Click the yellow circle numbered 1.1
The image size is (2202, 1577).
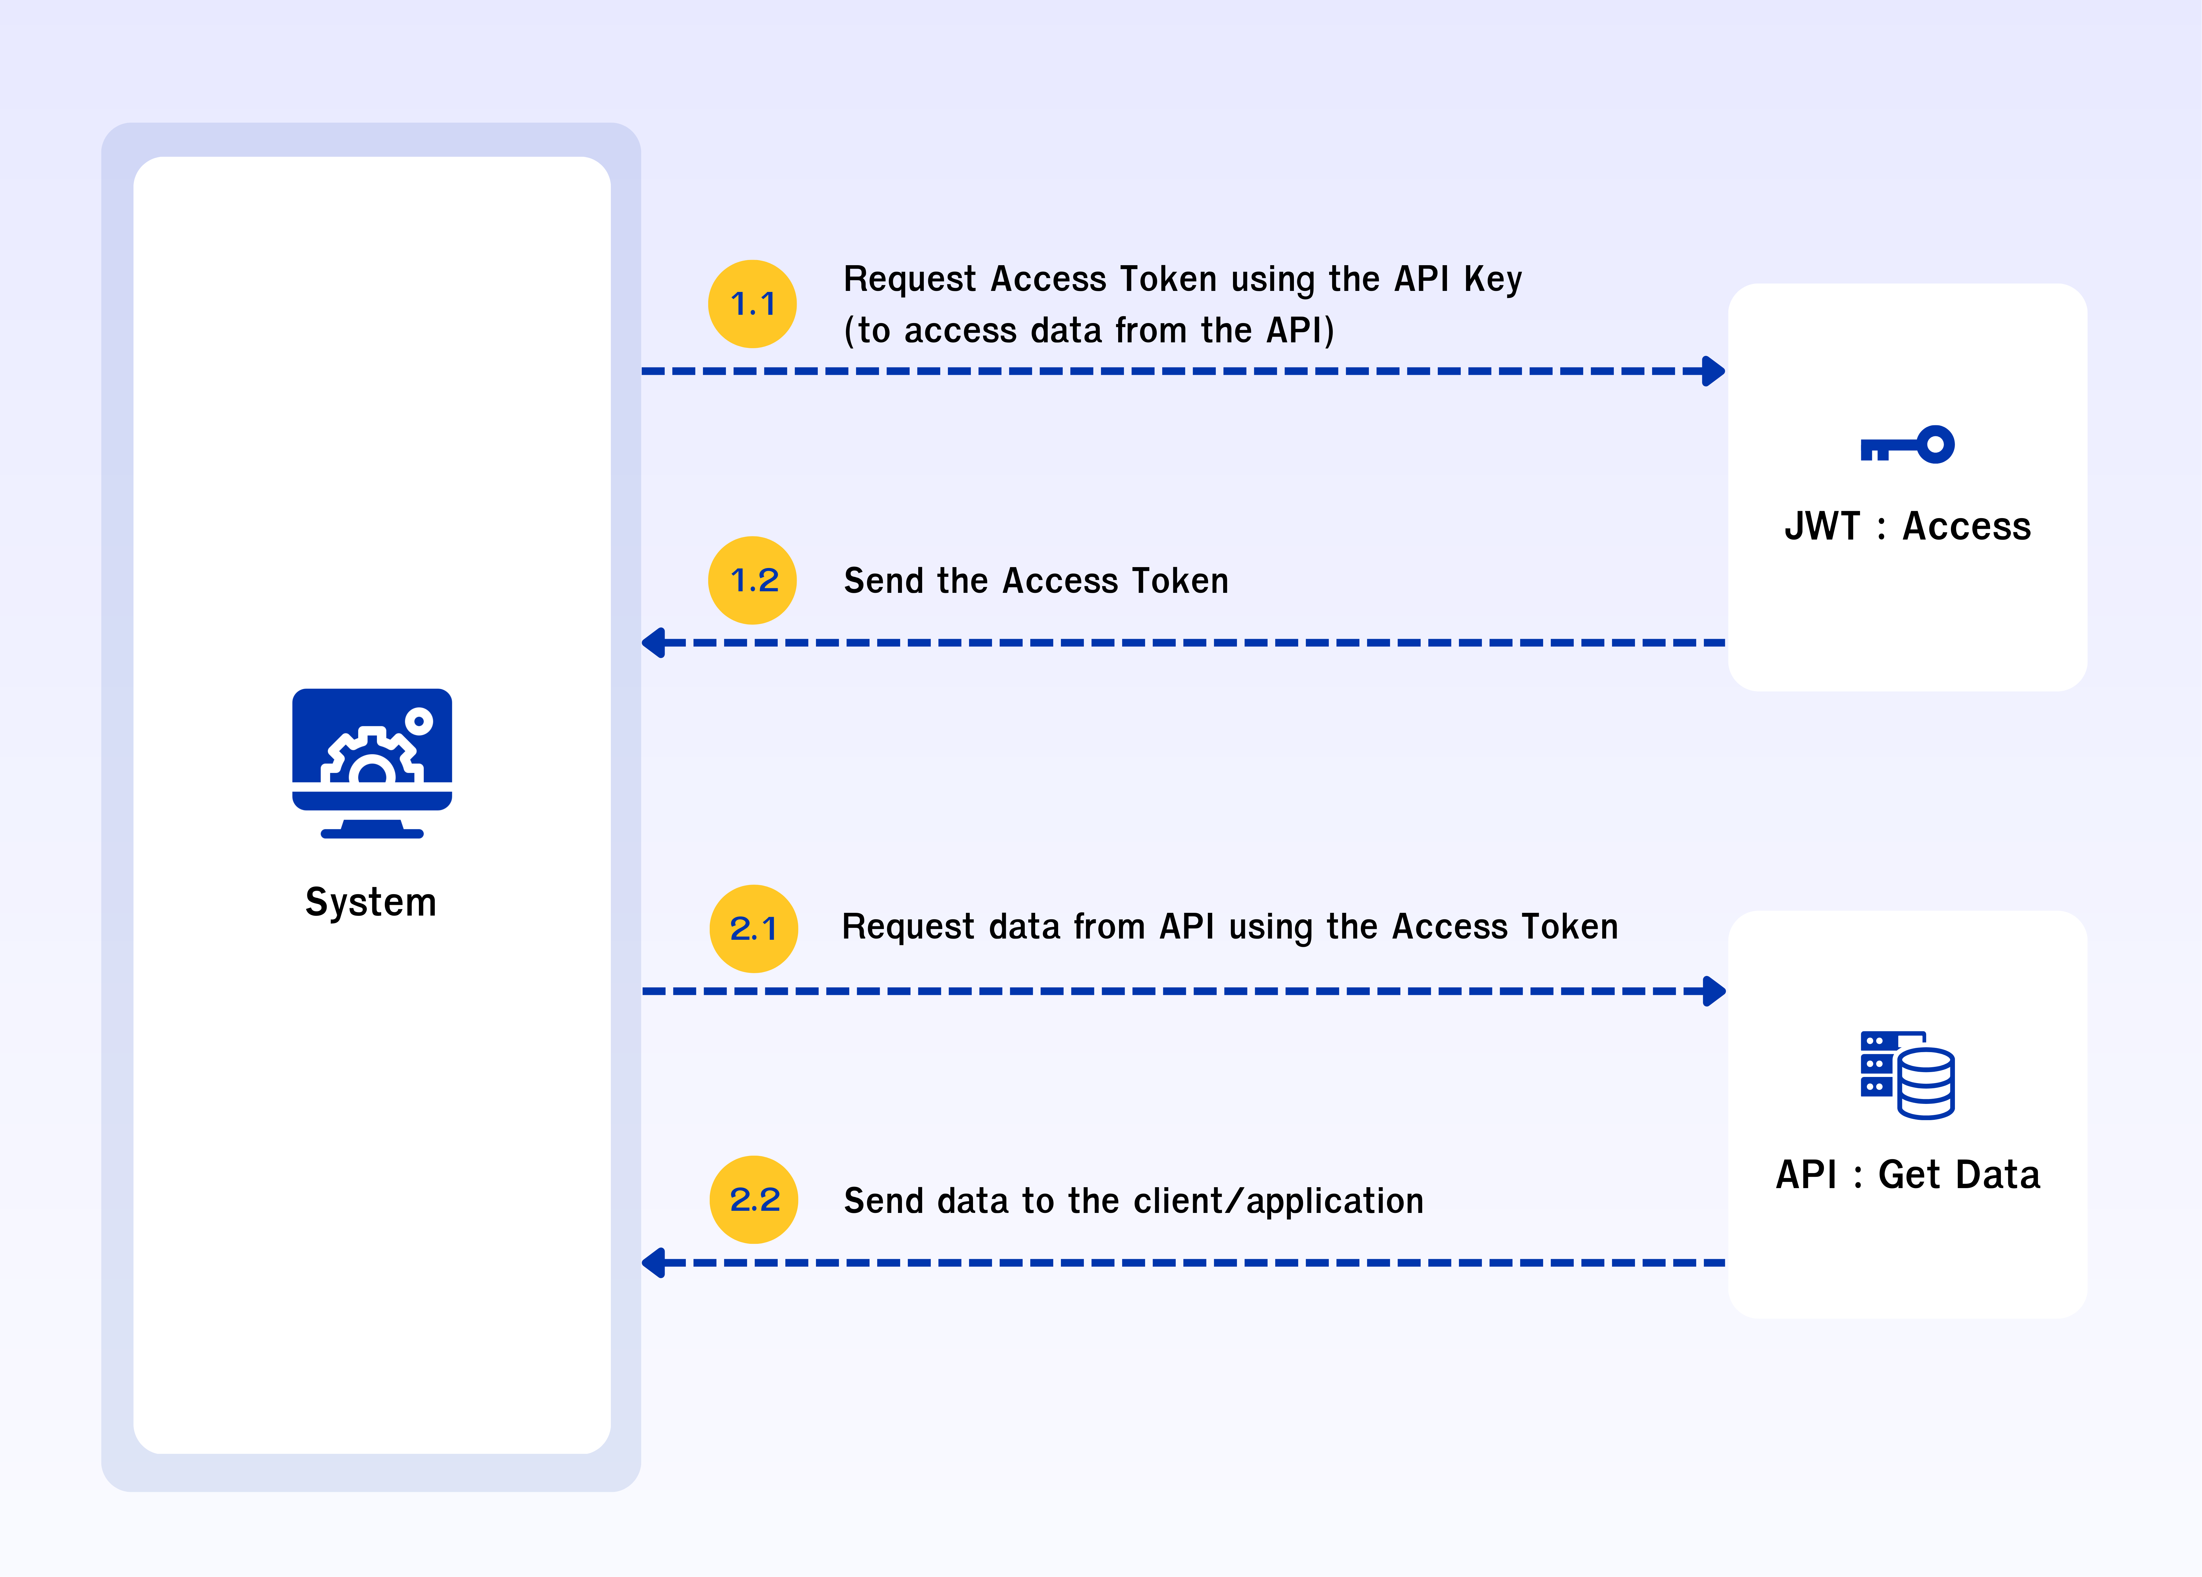coord(753,304)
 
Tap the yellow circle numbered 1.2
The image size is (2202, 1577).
coord(753,580)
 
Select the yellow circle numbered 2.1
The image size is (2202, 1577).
coord(753,928)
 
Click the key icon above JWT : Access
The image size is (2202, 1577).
coord(1907,446)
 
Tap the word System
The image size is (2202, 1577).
coord(371,902)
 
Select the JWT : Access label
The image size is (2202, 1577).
coord(1907,526)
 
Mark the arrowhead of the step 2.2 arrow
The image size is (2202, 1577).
coord(653,1263)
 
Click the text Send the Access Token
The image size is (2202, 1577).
coord(1036,581)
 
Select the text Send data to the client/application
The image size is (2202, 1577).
coord(1133,1201)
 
